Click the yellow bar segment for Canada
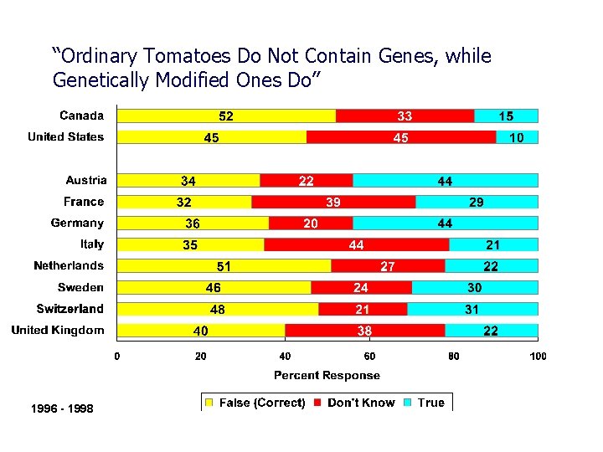[x=226, y=116]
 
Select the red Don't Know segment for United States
[x=401, y=137]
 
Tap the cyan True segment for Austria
[x=445, y=181]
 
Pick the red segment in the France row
[x=333, y=202]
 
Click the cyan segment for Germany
[x=445, y=223]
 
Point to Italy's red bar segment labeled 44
[x=356, y=244]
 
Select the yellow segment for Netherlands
[x=224, y=266]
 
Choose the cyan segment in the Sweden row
[x=474, y=287]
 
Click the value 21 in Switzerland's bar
[x=363, y=309]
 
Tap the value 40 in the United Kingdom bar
[x=201, y=331]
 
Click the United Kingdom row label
[x=58, y=330]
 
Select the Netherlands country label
[x=69, y=265]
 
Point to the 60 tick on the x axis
[x=369, y=357]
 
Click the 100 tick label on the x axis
[x=538, y=357]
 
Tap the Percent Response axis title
[x=327, y=376]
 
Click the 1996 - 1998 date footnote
[x=62, y=408]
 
